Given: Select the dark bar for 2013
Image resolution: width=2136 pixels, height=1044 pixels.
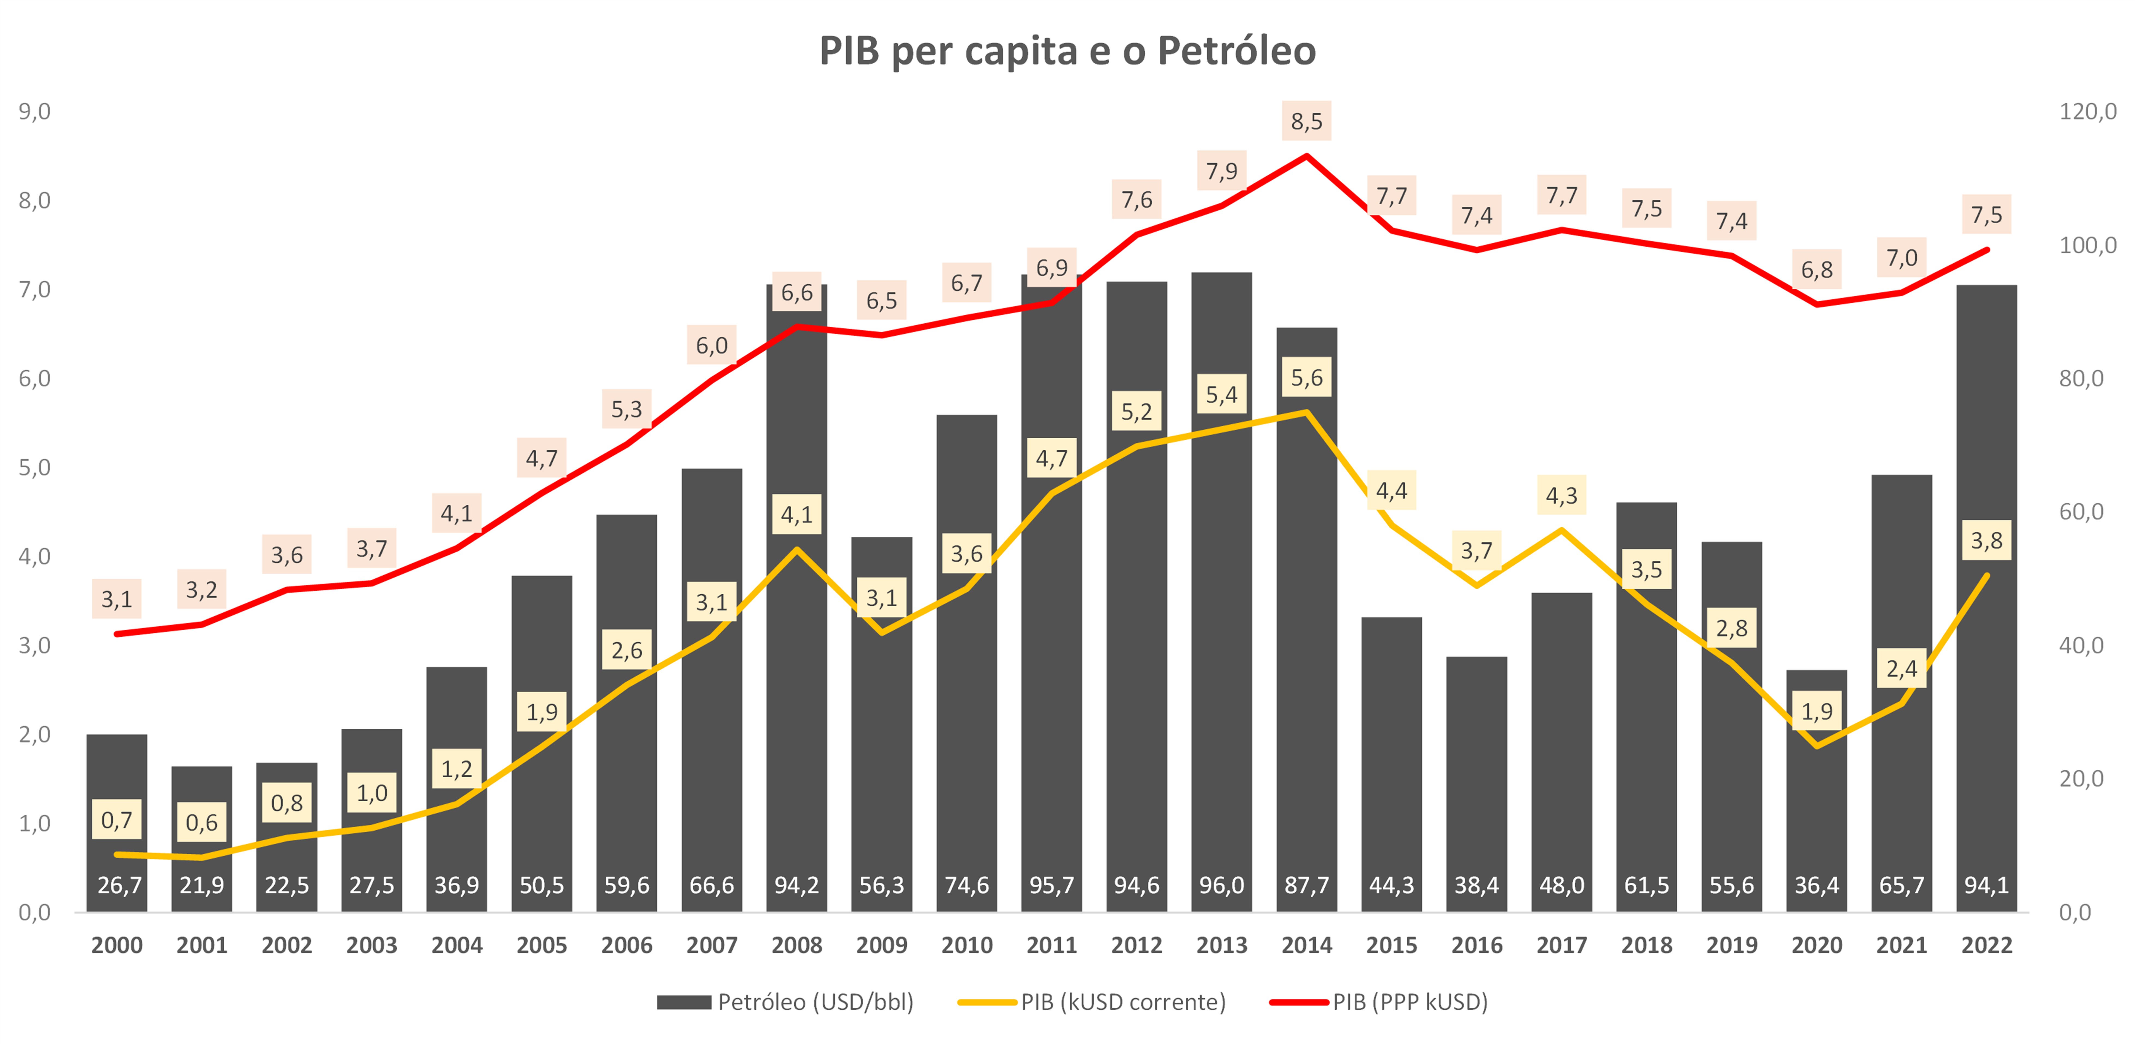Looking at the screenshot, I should (x=1221, y=664).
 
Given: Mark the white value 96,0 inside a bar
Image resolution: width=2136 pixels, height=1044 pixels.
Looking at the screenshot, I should (x=1221, y=886).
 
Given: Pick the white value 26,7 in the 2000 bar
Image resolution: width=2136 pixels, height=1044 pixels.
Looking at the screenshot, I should (x=118, y=886).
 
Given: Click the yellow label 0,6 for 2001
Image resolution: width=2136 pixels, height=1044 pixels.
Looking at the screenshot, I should (x=201, y=823).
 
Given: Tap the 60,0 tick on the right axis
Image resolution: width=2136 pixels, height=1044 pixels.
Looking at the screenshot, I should (x=2081, y=512).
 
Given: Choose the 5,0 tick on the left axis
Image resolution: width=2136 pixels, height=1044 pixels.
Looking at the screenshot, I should (x=35, y=468).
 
